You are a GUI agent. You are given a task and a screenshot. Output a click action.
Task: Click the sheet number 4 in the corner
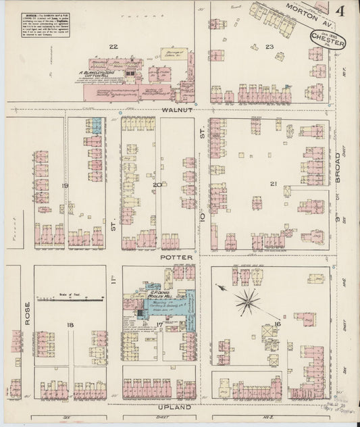coord(338,11)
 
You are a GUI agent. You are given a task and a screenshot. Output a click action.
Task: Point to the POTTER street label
coord(177,258)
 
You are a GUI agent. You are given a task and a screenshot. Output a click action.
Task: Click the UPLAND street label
coord(176,408)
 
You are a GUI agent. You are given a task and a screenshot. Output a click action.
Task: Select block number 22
coord(114,46)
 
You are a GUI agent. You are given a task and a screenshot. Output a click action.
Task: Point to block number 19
coord(65,184)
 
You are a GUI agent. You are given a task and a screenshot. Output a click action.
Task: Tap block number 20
coord(157,184)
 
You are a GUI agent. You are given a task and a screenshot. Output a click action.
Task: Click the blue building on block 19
coord(96,125)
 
